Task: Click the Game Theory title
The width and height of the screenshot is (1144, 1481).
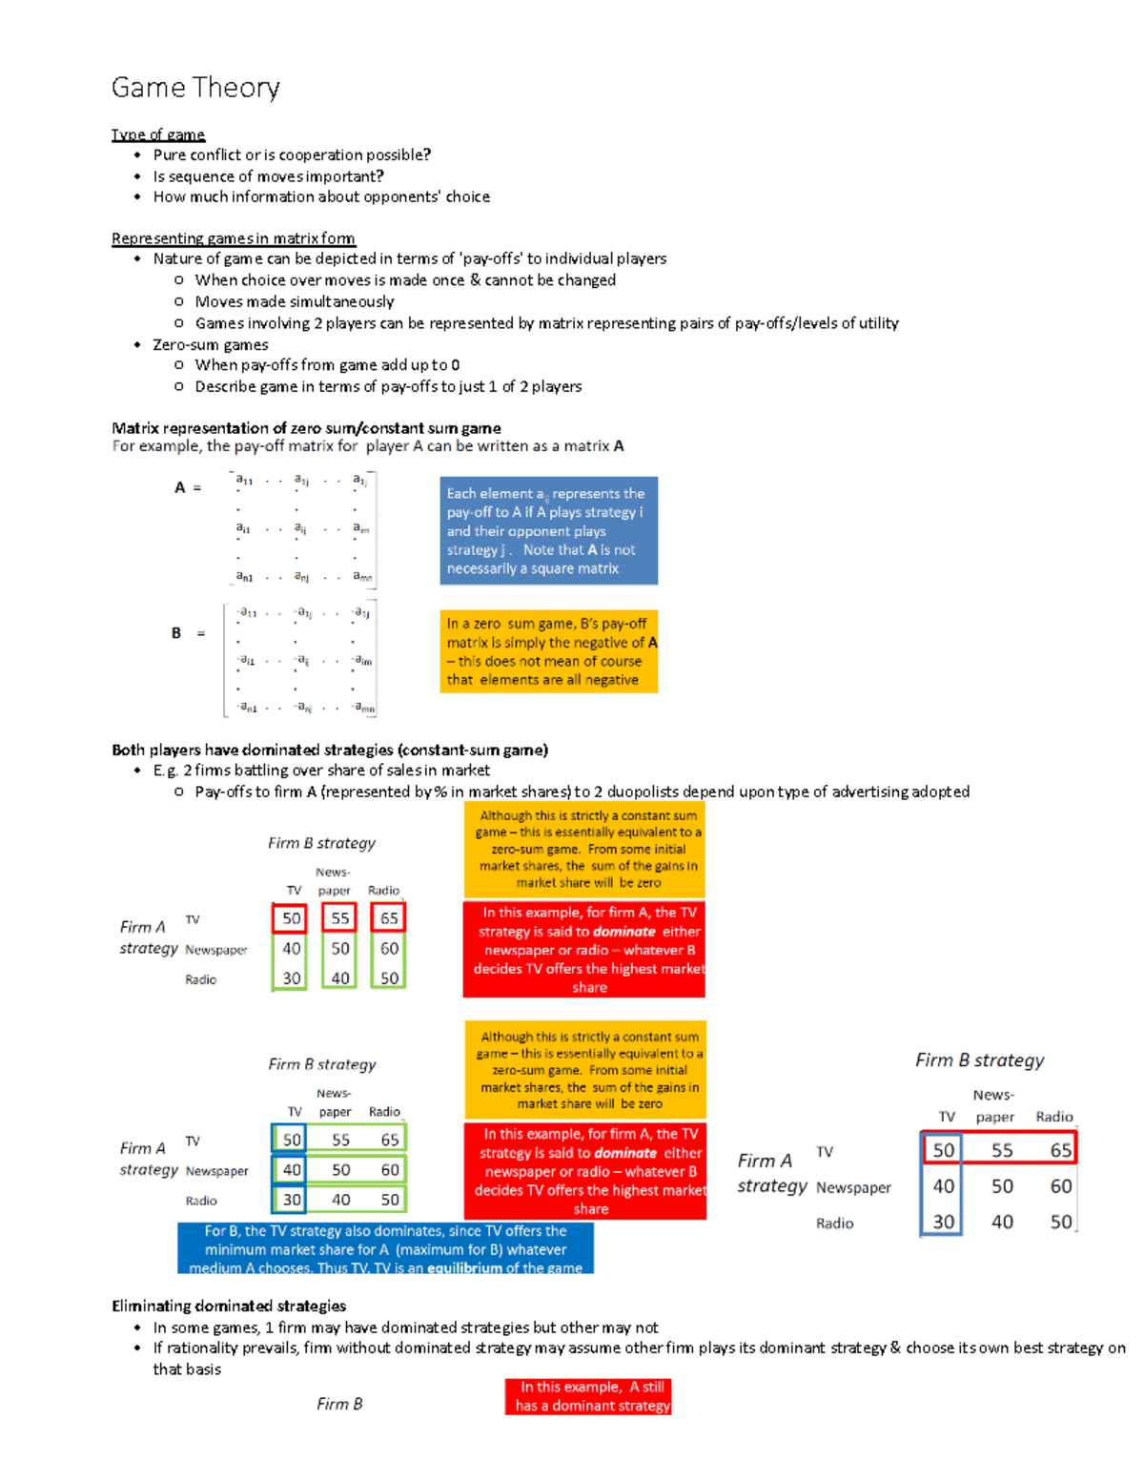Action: [195, 88]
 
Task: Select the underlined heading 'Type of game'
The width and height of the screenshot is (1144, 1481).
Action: [158, 134]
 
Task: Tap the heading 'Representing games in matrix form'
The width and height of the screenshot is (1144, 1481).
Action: [233, 238]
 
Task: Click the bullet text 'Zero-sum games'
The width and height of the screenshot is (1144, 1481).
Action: [211, 344]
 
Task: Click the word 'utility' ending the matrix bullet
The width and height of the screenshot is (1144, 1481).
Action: [878, 323]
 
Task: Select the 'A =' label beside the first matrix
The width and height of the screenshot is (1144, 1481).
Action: [187, 487]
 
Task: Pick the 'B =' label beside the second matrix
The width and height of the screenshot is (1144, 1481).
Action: [187, 633]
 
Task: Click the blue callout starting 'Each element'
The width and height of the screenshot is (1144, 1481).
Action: [548, 531]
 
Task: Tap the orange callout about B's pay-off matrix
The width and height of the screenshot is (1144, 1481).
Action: [548, 651]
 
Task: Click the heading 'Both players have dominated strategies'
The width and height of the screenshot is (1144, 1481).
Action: [329, 750]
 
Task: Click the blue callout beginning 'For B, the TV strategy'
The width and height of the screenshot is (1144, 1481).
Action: [385, 1248]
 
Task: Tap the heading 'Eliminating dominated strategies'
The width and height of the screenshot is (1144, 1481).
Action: [229, 1306]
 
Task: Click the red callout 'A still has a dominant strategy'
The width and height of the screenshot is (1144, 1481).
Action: [588, 1396]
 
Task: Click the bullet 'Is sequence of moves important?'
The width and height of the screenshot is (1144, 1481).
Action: [268, 176]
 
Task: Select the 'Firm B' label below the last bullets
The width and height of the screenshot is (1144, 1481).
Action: [339, 1404]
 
